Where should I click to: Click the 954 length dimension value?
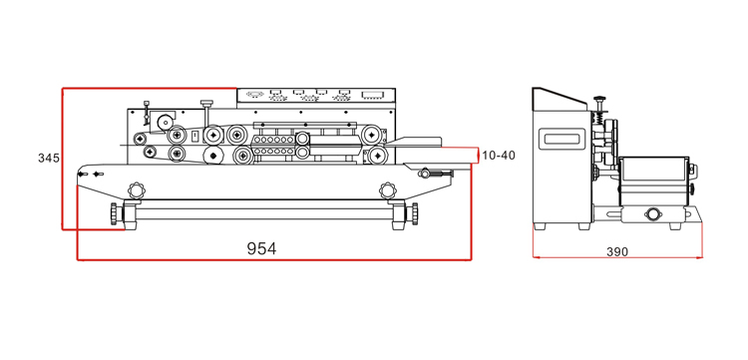coord(261,248)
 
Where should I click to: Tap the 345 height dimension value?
coord(49,158)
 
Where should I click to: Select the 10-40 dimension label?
coord(499,155)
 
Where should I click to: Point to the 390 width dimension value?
coord(617,251)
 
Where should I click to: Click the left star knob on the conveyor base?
coord(136,189)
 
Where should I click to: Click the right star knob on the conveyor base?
coord(388,190)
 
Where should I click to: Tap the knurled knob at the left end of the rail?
coord(114,213)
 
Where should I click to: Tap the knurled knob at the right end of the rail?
coord(415,213)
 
